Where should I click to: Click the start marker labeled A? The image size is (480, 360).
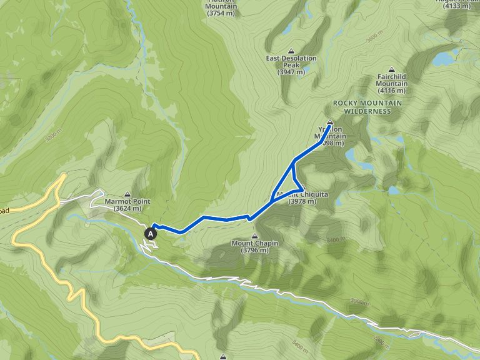point(151,233)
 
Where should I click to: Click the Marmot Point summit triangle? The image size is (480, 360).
point(127,194)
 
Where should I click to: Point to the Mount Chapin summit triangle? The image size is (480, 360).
point(254,236)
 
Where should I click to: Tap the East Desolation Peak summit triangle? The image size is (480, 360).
point(291,51)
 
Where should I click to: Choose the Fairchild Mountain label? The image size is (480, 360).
point(392,80)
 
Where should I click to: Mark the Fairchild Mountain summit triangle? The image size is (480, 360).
point(392,69)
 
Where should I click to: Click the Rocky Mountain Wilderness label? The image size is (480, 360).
point(362,107)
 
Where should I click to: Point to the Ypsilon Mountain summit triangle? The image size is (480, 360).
point(330,122)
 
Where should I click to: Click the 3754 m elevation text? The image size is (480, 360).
point(221,13)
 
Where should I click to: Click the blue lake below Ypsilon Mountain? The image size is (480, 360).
point(351,154)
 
